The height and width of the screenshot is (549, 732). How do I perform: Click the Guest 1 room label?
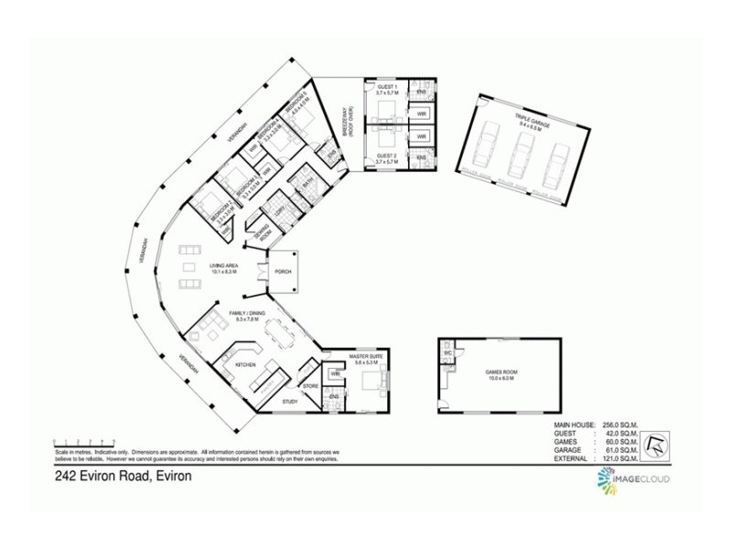pyautogui.click(x=386, y=90)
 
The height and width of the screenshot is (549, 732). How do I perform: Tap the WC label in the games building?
pyautogui.click(x=448, y=352)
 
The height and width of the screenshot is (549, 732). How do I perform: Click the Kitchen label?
pyautogui.click(x=245, y=364)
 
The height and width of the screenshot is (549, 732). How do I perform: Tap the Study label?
pyautogui.click(x=290, y=401)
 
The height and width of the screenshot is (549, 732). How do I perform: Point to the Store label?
pyautogui.click(x=309, y=386)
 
